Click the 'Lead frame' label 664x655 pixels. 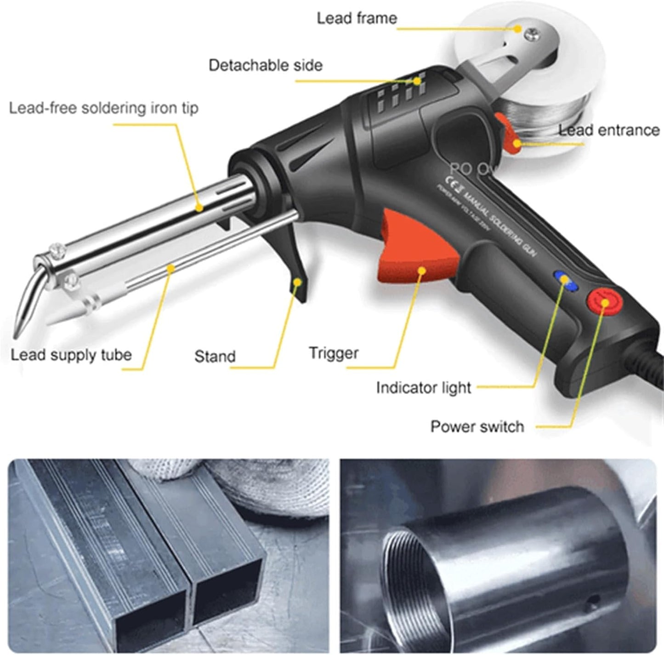pos(357,18)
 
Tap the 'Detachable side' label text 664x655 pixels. pos(266,65)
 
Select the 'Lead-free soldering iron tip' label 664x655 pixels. pos(104,108)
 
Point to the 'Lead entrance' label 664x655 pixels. pos(609,130)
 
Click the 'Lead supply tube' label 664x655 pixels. pos(71,355)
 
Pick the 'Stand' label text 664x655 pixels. pos(215,356)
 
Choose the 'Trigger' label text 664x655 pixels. pos(334,353)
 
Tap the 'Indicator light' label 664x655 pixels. pos(424,388)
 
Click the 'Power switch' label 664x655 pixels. pos(477,426)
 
